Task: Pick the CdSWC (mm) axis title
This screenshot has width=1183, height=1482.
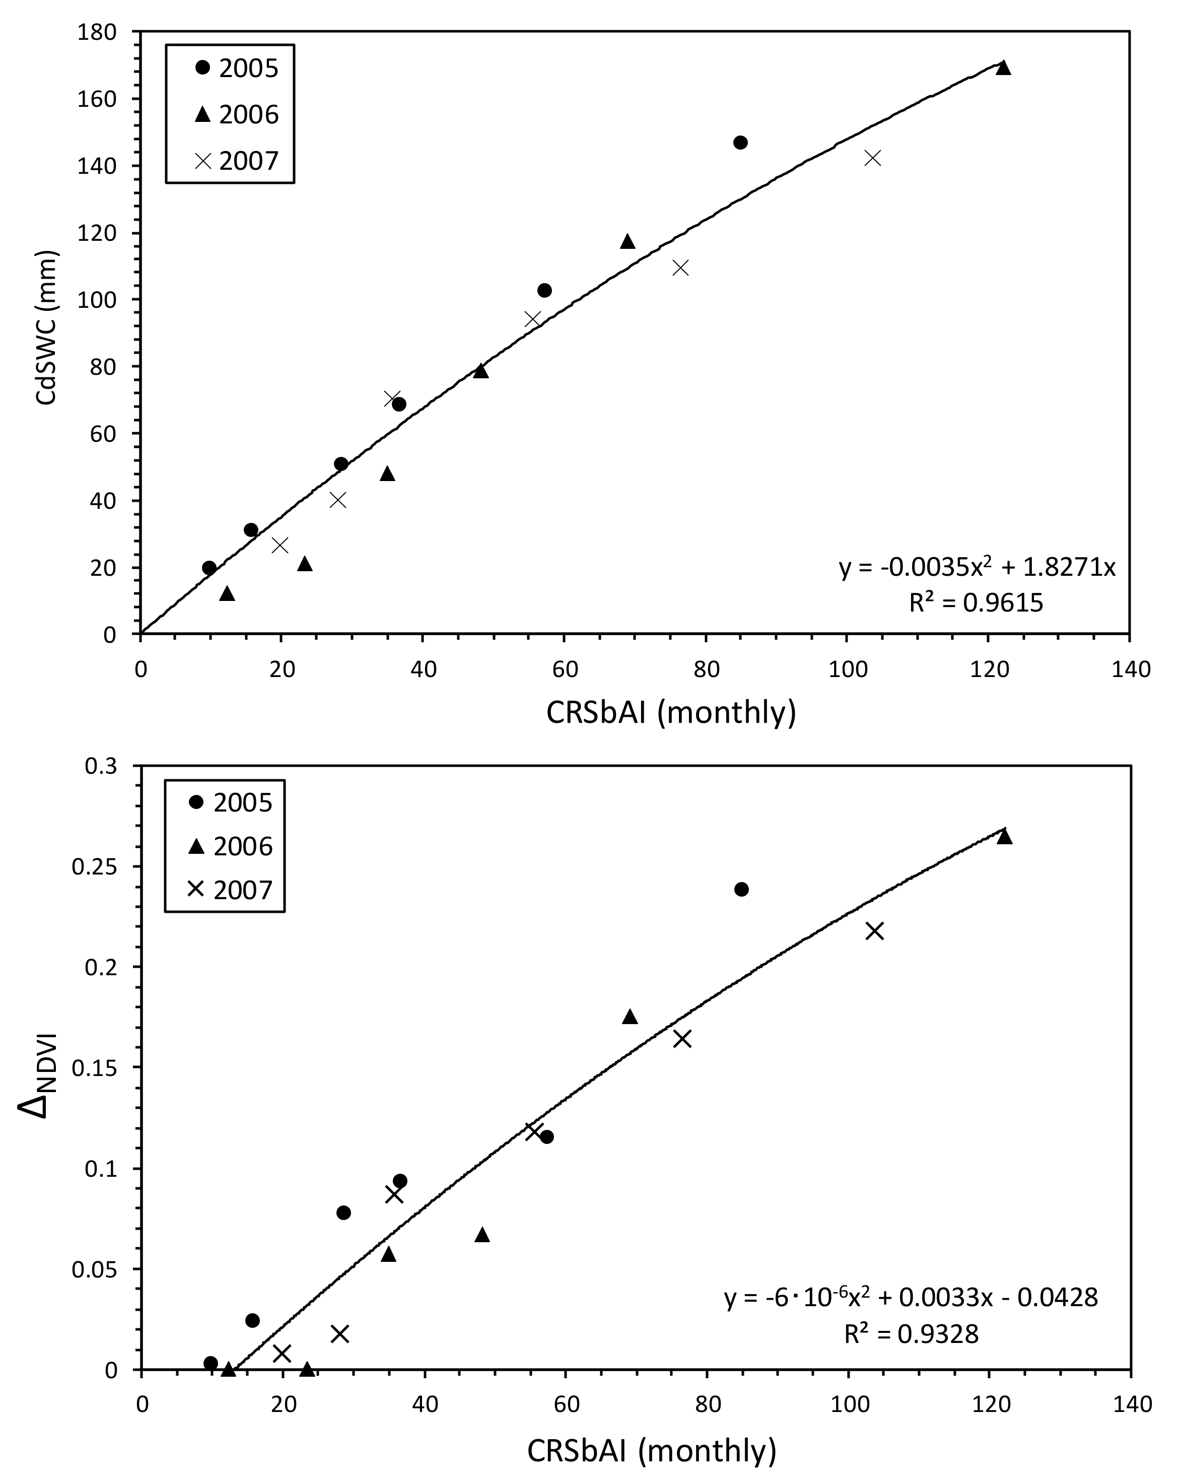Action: click(47, 328)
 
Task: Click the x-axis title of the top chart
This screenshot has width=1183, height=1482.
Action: click(670, 713)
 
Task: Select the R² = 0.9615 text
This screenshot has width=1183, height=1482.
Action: click(976, 603)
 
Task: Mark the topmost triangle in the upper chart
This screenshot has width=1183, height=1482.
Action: click(1003, 68)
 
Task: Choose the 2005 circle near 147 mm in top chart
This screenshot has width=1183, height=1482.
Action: click(740, 142)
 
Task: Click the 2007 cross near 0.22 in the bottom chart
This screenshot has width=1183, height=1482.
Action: click(874, 931)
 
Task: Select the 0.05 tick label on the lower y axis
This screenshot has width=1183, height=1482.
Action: click(94, 1269)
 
